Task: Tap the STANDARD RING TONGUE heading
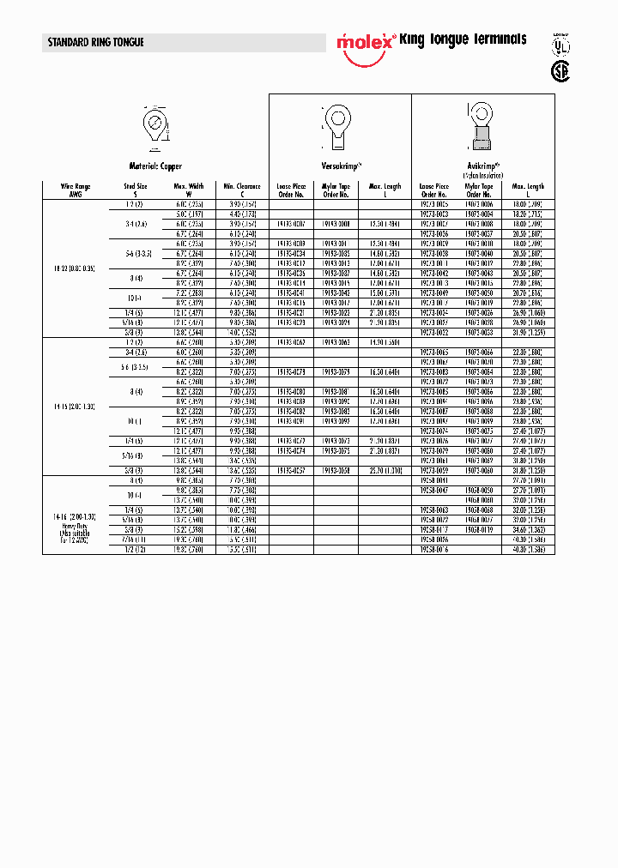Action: [x=96, y=42]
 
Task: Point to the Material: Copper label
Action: [x=155, y=166]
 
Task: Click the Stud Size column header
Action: [x=136, y=190]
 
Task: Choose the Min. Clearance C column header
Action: [x=241, y=190]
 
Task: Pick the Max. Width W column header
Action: [x=189, y=190]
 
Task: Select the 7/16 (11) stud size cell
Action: [x=136, y=539]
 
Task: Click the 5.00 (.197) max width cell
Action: [x=189, y=213]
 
